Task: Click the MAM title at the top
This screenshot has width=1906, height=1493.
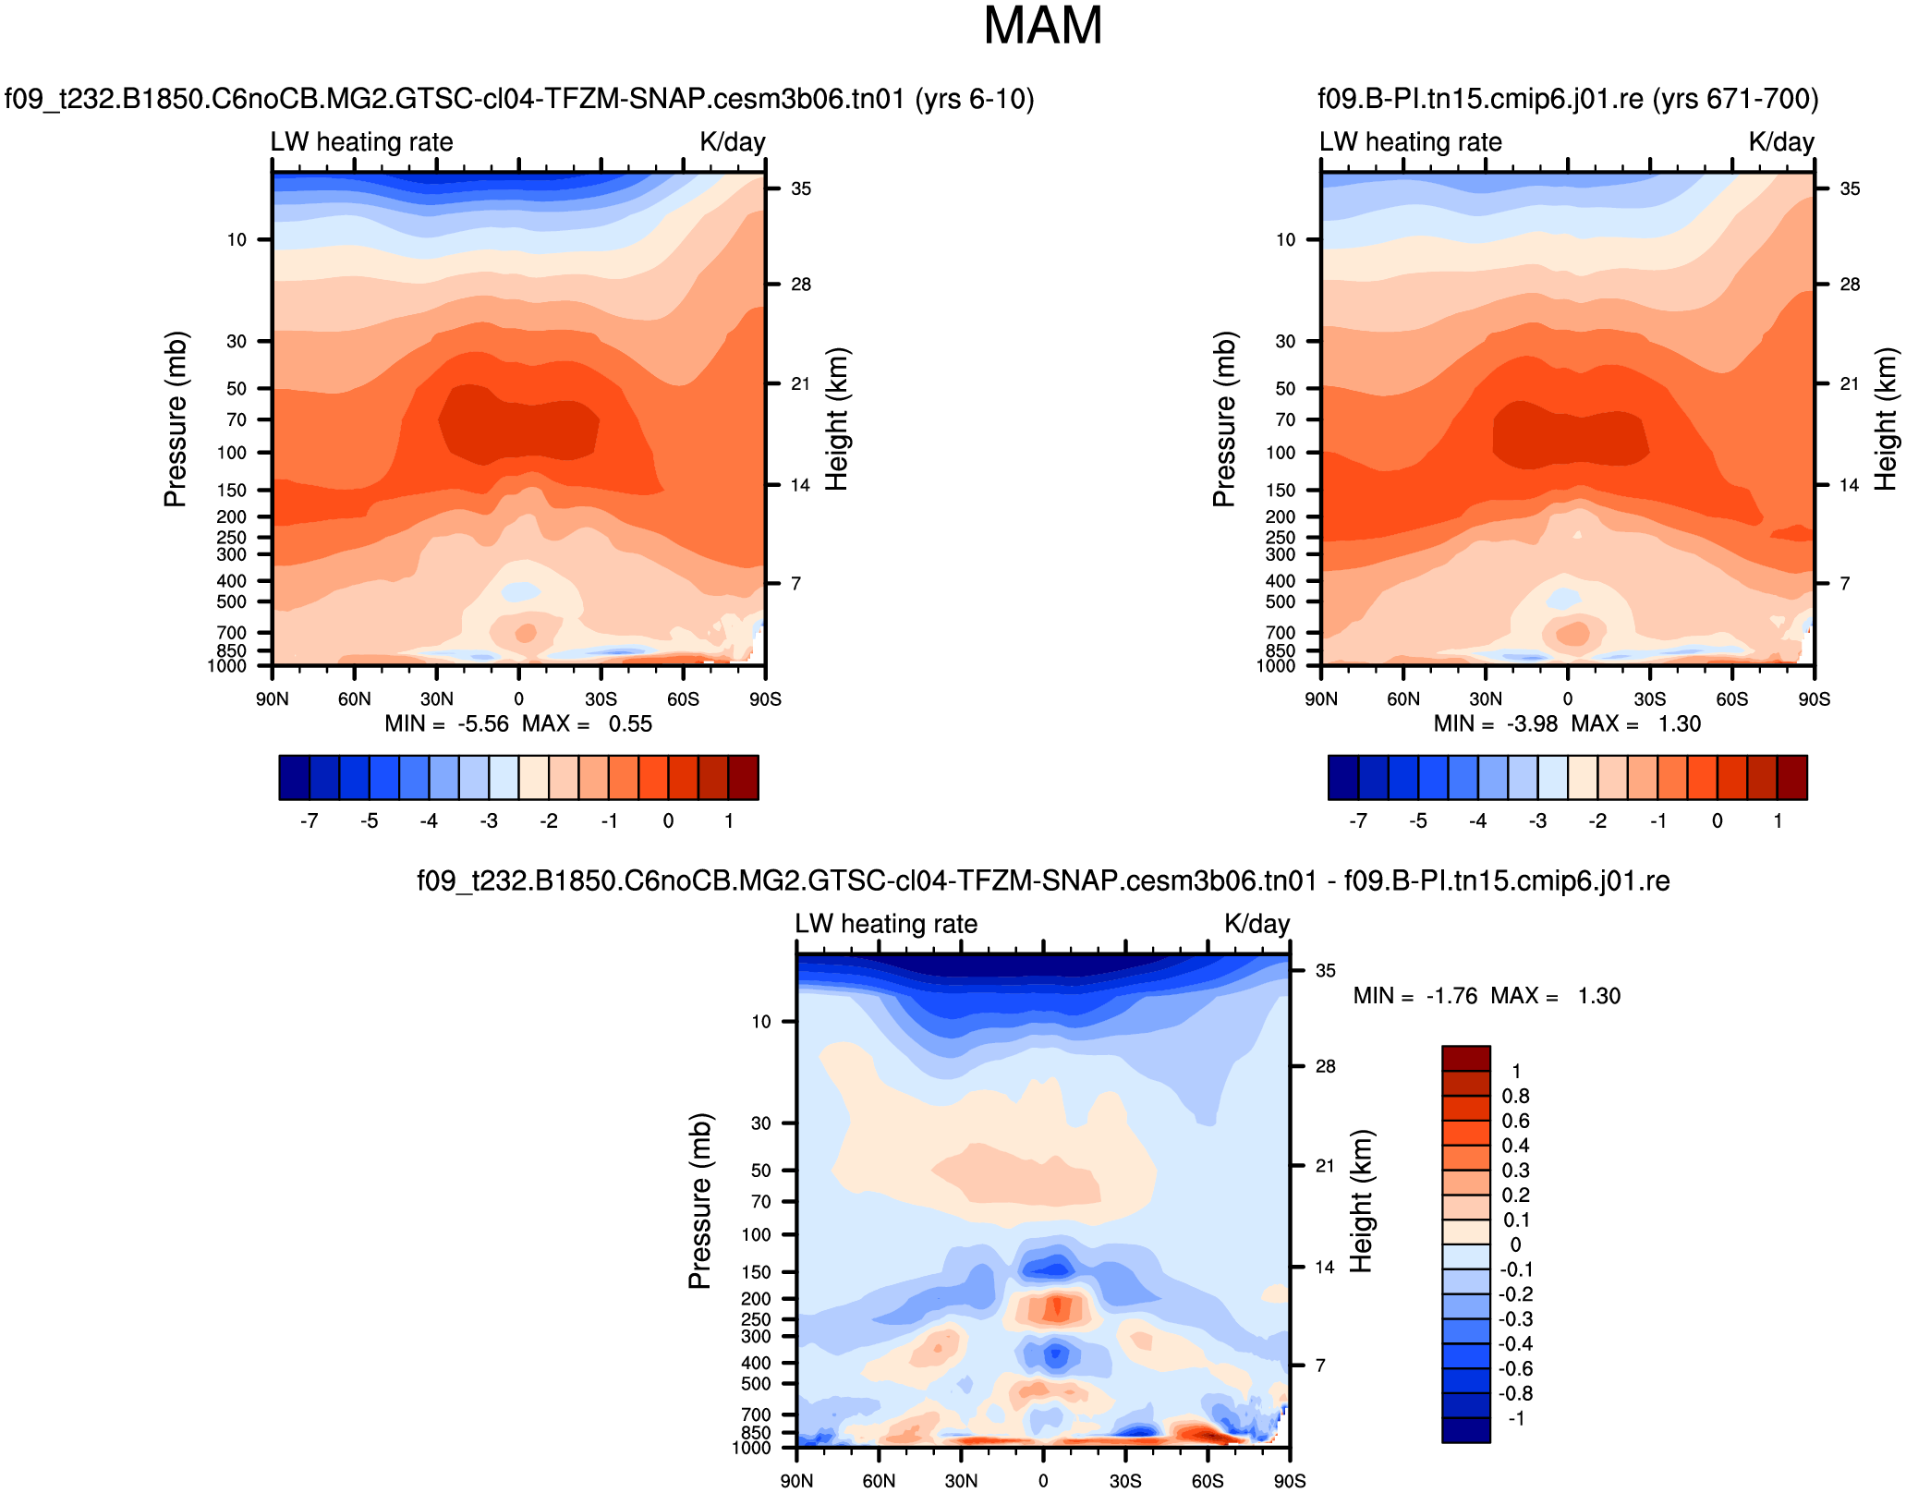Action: coord(1043,26)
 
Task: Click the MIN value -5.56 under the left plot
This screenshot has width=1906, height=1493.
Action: coord(483,723)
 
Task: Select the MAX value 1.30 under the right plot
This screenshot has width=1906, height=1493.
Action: coord(1679,723)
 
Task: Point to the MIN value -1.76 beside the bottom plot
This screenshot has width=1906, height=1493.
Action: coord(1451,996)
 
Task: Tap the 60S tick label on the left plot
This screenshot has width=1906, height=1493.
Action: coord(683,698)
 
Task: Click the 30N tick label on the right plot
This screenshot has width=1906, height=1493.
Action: coord(1485,698)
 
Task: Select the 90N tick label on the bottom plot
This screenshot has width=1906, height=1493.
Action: coord(796,1481)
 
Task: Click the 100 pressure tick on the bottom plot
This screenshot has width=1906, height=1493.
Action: coord(756,1234)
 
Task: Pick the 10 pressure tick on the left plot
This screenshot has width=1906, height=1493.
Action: coord(237,240)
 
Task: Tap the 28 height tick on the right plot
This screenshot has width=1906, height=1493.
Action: coord(1850,285)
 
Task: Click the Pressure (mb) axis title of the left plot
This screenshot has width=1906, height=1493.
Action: coord(176,419)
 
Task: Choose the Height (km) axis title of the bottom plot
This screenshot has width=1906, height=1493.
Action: coord(1362,1201)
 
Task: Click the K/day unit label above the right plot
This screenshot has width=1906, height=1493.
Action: coord(1780,142)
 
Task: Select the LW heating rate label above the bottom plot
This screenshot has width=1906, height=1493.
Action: coord(886,924)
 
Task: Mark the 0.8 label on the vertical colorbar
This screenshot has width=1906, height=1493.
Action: coord(1515,1097)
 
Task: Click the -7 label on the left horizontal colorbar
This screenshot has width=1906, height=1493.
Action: coord(310,820)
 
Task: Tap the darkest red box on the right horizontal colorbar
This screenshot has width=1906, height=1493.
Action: coord(1792,777)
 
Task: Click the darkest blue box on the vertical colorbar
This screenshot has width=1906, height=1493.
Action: coord(1466,1429)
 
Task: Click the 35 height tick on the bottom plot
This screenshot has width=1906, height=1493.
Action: coord(1326,971)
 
